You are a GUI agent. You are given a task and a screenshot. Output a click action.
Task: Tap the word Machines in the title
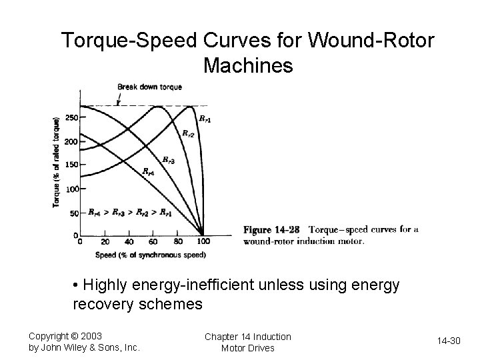click(x=248, y=66)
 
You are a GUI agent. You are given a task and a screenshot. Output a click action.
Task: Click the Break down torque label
click(x=149, y=87)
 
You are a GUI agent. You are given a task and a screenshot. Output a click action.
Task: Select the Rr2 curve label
click(x=189, y=133)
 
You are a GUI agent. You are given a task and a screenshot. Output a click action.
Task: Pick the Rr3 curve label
click(x=169, y=159)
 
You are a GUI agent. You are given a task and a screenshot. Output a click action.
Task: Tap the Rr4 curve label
click(x=149, y=171)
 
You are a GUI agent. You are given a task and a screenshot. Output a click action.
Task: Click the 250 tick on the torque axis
click(x=72, y=118)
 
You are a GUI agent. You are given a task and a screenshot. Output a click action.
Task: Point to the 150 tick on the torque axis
click(x=72, y=165)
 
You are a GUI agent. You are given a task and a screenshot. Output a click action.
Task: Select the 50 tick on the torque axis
click(x=73, y=213)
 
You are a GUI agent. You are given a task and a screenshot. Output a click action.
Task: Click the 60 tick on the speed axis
click(x=154, y=241)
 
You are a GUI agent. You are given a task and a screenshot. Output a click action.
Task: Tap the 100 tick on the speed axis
click(x=203, y=241)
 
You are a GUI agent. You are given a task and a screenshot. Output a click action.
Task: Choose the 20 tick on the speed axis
click(x=105, y=241)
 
